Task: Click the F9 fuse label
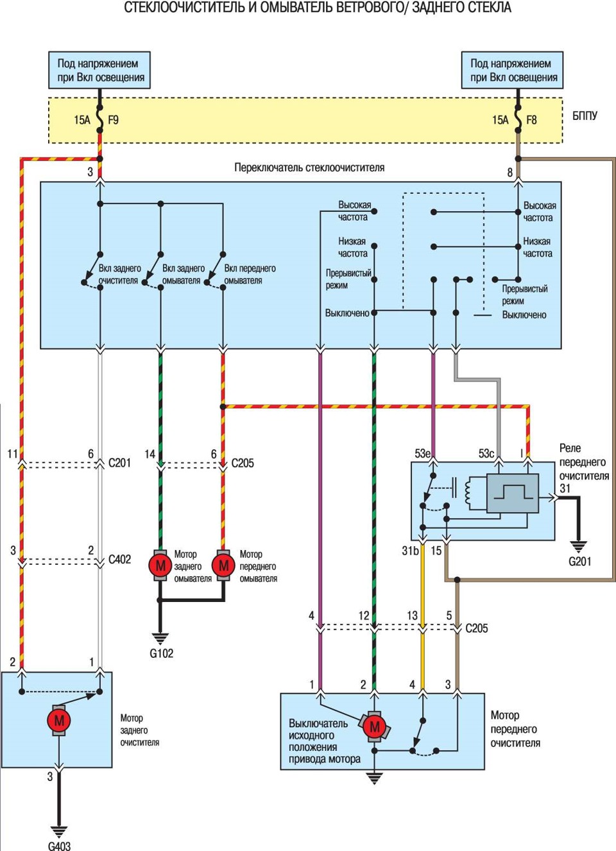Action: (113, 120)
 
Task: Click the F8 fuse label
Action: (531, 120)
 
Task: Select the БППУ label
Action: (585, 116)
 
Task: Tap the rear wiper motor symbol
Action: (58, 720)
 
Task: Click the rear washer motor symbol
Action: (160, 565)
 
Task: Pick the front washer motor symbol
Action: (223, 565)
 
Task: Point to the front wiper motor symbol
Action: (374, 727)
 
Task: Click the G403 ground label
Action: (59, 846)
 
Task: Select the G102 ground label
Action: (161, 653)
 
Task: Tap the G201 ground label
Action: (579, 562)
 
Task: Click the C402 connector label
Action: (119, 559)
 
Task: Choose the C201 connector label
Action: (119, 463)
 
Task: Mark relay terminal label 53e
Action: (422, 453)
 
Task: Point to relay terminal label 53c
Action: (486, 453)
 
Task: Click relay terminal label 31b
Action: (410, 551)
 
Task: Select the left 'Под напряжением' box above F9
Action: (99, 70)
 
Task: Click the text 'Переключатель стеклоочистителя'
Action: (309, 168)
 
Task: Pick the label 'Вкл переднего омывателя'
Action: (250, 274)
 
